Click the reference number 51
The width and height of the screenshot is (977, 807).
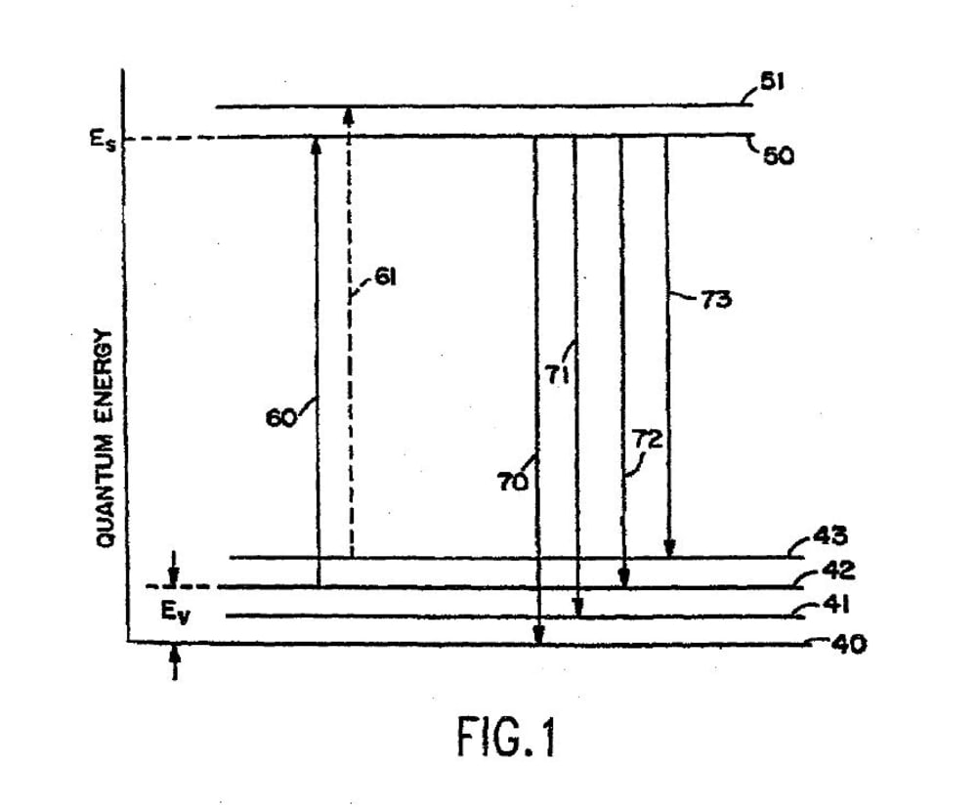tap(773, 84)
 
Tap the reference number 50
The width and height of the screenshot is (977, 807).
tap(779, 155)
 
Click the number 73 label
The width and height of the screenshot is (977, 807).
tap(716, 300)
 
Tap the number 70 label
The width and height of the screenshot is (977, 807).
tap(513, 480)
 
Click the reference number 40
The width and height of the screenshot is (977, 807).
tap(846, 645)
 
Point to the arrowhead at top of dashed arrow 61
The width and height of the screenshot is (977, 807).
tap(350, 114)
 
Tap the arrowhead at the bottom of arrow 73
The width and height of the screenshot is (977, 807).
tap(669, 549)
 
